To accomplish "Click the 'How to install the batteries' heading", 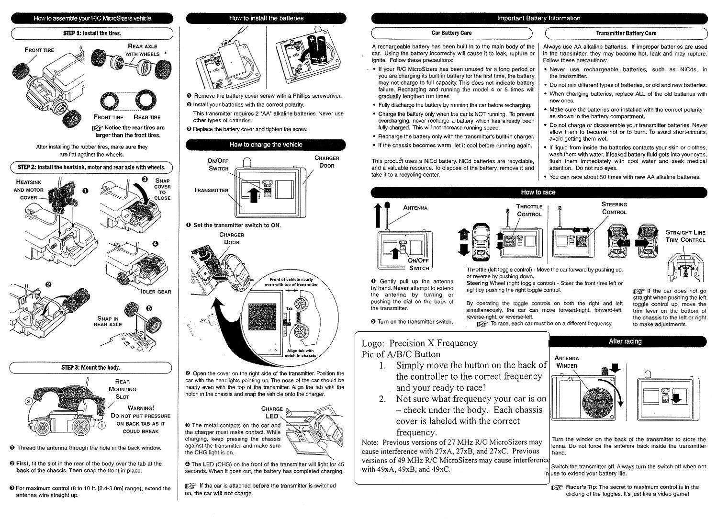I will click(266, 18).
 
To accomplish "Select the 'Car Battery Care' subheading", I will click(451, 33).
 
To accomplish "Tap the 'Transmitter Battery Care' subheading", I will click(626, 33).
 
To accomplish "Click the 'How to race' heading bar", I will click(538, 192).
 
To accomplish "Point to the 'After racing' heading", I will click(625, 341).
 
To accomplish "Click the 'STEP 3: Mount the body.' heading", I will click(91, 368).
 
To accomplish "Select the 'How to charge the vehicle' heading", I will click(266, 145).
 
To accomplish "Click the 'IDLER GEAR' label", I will click(156, 292).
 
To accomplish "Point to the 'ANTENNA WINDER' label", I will click(566, 362).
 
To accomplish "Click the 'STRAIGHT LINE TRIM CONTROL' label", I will click(685, 236).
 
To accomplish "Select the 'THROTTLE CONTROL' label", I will click(529, 210).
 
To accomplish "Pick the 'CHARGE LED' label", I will click(272, 412).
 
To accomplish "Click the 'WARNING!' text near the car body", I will click(141, 408).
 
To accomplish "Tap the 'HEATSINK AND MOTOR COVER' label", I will click(29, 190).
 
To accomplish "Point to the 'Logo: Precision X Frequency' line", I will click(419, 343).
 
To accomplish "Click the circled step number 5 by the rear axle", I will click(149, 308).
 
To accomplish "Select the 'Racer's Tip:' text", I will click(580, 487).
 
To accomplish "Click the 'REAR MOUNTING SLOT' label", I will click(123, 389).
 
